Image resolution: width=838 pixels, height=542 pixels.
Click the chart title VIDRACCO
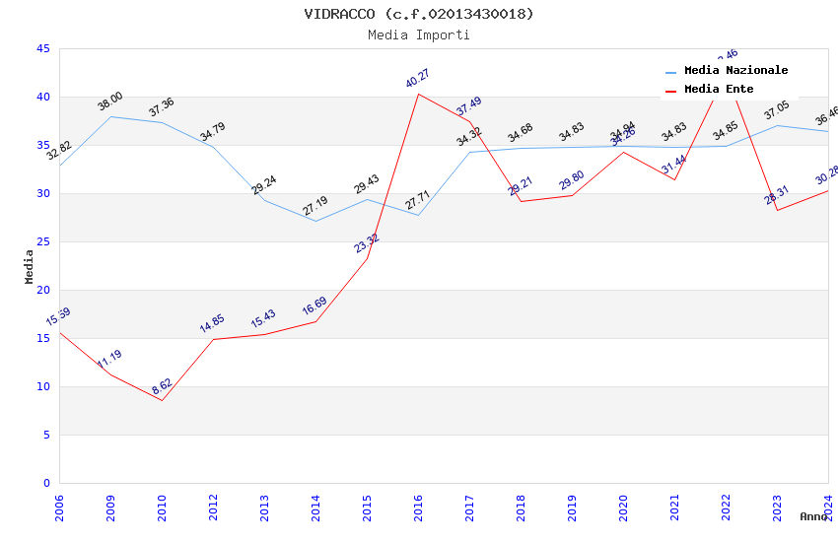419,14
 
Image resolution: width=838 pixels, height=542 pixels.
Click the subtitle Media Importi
419,34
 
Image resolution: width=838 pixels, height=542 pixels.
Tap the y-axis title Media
30,266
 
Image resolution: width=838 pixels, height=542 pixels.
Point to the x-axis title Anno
813,516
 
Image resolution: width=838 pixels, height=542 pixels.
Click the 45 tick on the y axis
42,48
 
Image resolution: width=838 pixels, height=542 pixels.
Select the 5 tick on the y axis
46,435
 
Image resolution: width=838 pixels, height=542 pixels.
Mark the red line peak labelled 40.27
419,95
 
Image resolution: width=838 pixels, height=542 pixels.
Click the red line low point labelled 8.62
163,400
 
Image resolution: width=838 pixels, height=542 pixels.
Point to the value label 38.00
109,101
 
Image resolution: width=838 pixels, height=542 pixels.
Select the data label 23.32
367,242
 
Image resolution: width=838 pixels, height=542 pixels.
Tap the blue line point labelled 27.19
316,221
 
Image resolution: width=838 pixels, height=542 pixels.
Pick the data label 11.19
109,360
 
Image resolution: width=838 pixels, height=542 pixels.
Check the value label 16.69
314,306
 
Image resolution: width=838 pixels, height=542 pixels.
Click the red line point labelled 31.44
675,179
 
